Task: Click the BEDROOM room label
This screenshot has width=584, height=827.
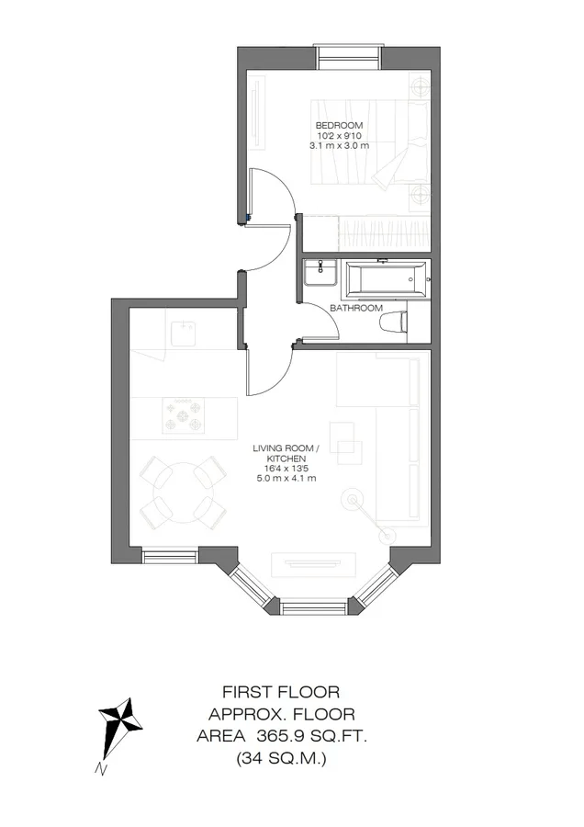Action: [339, 126]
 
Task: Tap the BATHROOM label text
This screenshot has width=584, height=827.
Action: [356, 308]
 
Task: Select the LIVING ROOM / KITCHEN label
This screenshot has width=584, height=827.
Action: [286, 454]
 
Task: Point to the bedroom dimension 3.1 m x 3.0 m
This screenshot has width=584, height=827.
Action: [339, 145]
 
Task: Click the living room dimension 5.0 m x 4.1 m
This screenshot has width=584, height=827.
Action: [286, 479]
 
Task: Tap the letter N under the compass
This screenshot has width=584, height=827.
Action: [101, 769]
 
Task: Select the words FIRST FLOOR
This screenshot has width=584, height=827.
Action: [281, 691]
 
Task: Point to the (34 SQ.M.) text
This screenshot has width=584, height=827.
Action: [281, 758]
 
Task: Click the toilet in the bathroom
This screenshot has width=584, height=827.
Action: [393, 322]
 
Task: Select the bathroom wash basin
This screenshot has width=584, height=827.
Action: [320, 273]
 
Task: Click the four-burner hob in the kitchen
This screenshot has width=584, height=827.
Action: [183, 415]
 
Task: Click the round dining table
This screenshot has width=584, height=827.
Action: [184, 493]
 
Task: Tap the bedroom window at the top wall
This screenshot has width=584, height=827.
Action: [348, 57]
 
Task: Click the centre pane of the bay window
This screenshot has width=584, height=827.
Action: [313, 607]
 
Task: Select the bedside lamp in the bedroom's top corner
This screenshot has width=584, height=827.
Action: [421, 85]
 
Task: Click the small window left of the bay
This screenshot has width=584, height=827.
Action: [169, 555]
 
